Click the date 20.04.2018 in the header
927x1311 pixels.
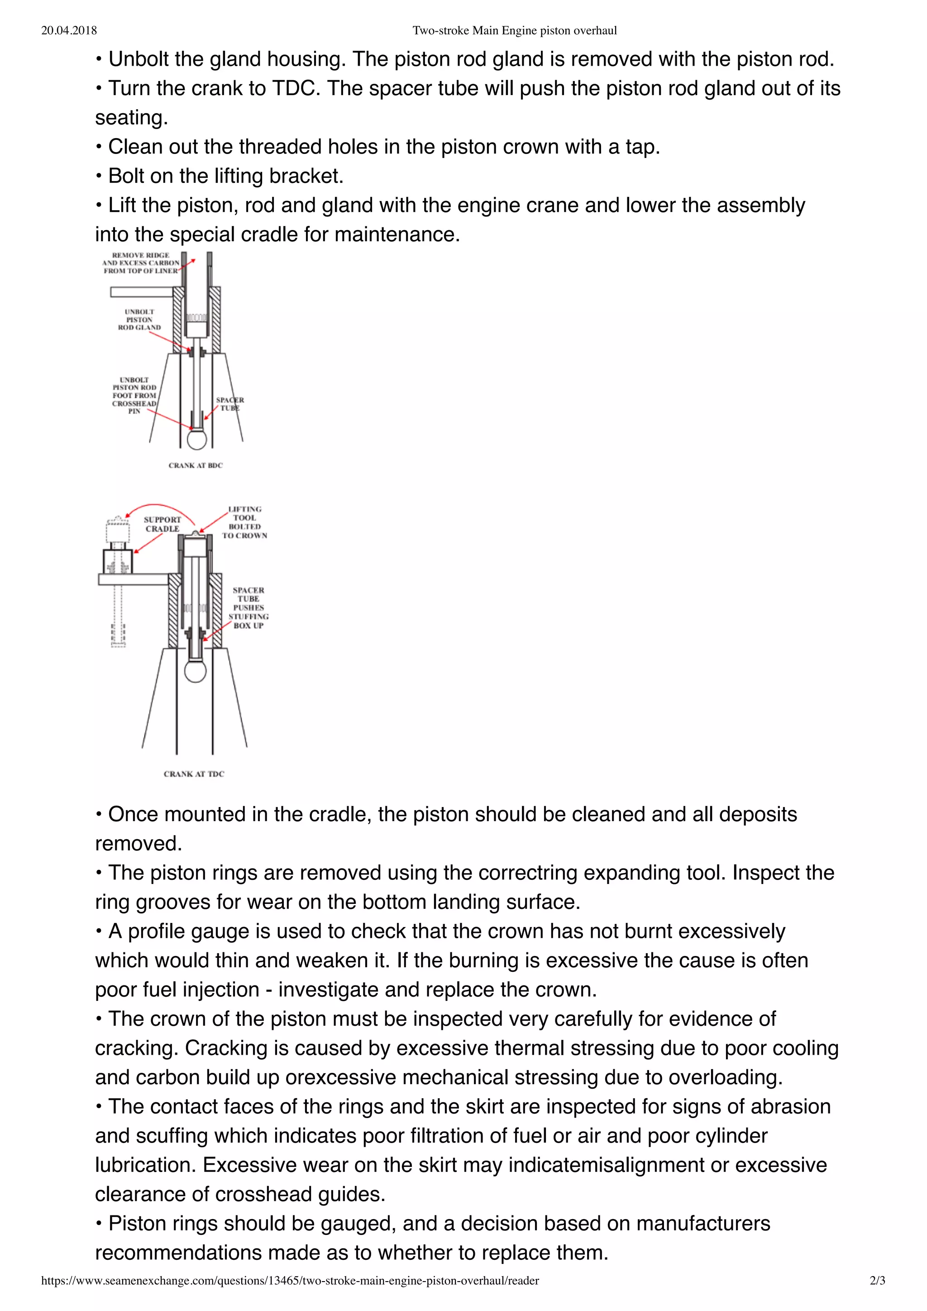69,31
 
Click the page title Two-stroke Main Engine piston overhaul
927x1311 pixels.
514,31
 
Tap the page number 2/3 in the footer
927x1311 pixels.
877,1281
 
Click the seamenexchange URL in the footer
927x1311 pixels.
290,1281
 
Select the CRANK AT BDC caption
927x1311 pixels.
195,466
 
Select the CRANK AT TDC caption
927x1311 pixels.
194,774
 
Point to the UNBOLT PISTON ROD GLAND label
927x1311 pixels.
139,320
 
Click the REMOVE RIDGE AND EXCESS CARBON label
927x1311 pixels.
140,263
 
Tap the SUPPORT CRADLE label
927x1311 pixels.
162,524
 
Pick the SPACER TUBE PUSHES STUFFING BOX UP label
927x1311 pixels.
248,608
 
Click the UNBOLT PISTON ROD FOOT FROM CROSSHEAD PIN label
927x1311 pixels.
134,395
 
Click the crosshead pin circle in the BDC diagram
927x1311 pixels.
197,440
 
